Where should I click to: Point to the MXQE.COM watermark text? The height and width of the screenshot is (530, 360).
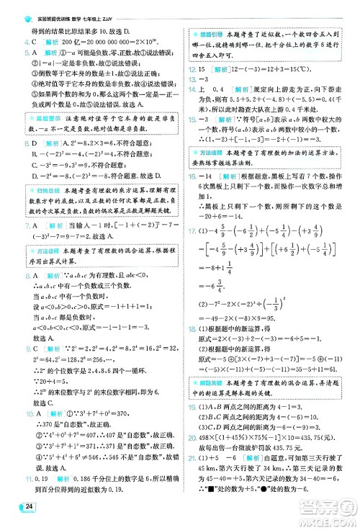click(x=318, y=513)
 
